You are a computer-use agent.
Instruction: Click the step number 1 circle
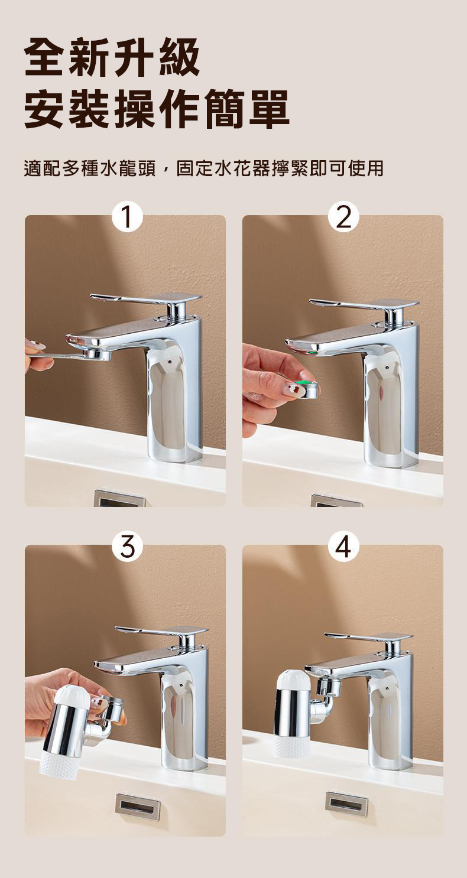(125, 217)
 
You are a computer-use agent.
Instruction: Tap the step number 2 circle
(343, 217)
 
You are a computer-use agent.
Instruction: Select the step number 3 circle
(125, 547)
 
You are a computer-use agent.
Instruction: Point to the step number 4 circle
(343, 547)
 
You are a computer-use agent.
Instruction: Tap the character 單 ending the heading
(269, 109)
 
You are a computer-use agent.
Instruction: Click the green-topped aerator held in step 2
(306, 388)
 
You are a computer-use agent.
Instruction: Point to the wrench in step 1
(69, 355)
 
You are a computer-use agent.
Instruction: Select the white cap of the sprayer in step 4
(294, 681)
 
